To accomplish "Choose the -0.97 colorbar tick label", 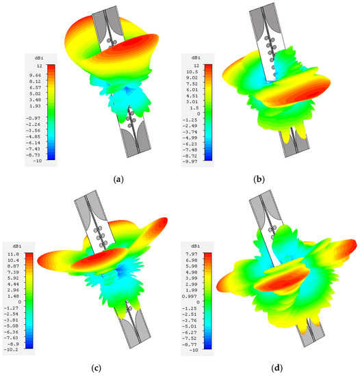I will (x=34, y=118).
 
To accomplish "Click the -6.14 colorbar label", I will (x=34, y=138).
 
